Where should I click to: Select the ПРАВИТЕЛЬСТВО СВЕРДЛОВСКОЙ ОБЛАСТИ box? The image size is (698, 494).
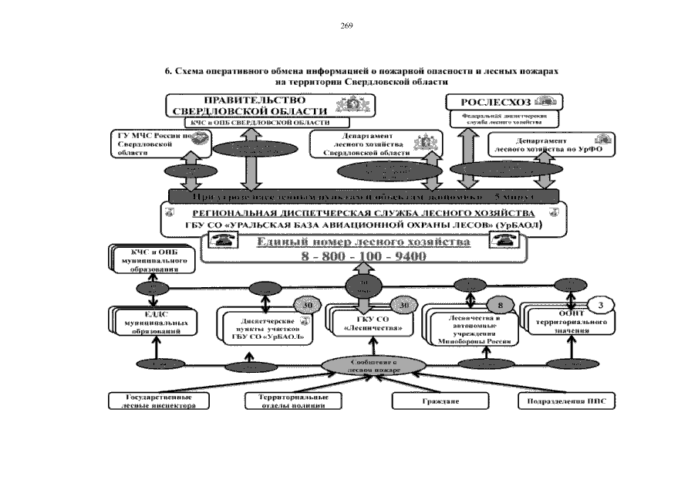(x=248, y=106)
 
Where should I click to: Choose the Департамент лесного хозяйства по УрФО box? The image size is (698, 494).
(x=546, y=144)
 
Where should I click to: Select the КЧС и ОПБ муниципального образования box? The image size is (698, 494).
(x=151, y=261)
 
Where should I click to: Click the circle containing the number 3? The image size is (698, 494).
(x=601, y=303)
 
